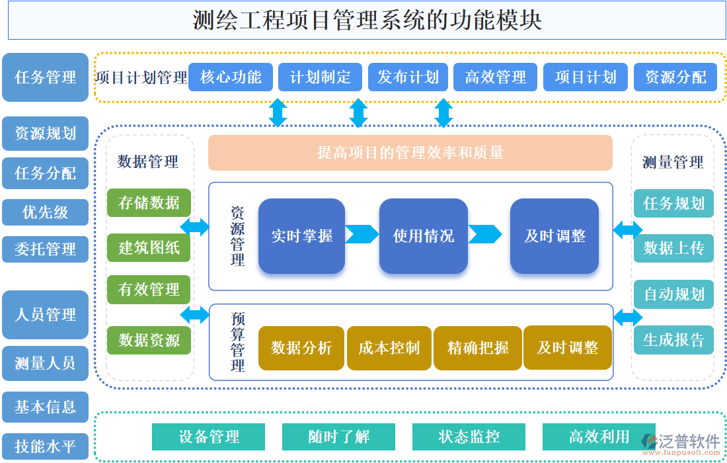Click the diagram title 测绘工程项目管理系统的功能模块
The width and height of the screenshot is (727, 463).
coord(367,21)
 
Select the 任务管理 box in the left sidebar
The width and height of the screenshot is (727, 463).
coord(45,77)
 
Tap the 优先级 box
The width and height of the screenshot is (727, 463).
coord(45,212)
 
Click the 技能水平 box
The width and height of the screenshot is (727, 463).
coord(45,446)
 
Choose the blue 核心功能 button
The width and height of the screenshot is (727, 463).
coord(230,77)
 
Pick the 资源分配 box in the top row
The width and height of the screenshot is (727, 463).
coord(675,77)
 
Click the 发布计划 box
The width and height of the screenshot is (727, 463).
coord(408,77)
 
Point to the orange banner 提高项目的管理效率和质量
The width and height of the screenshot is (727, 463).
coord(410,153)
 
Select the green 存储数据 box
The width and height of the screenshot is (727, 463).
coord(149,203)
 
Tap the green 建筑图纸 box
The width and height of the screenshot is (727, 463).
coord(149,248)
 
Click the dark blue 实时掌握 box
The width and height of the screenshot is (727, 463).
coord(301,235)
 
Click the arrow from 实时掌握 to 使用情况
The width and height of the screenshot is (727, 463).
coord(362,234)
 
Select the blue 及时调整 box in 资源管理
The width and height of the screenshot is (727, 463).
coord(554,235)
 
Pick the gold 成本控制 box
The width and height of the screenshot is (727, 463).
coord(389,348)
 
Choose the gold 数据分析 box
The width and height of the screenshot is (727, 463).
coord(301,348)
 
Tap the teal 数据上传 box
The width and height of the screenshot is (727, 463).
coord(673,248)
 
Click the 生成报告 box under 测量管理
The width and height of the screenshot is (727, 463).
coord(673,340)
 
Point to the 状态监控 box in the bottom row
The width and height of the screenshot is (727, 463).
coord(469,437)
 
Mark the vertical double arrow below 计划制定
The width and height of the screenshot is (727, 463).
coord(358,112)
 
